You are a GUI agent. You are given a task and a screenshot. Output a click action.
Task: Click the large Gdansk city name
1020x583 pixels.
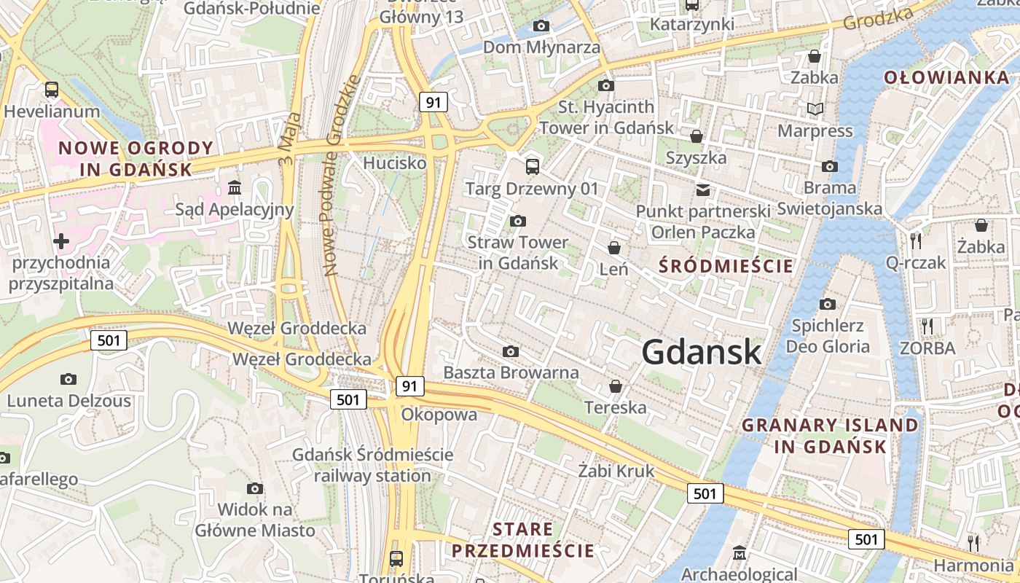(x=702, y=353)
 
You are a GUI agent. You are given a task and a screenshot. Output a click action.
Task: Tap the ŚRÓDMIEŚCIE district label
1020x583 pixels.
(x=726, y=266)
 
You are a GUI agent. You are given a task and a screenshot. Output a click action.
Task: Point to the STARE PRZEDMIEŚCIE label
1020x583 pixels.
(x=523, y=539)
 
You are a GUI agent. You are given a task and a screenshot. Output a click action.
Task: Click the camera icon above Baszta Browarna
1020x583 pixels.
(x=511, y=352)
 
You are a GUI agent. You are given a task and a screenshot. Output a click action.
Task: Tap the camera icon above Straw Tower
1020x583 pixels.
(x=518, y=221)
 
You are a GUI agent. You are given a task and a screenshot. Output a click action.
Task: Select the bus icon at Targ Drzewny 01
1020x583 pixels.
(x=533, y=167)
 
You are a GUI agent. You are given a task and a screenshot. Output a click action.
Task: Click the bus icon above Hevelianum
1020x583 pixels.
(x=52, y=90)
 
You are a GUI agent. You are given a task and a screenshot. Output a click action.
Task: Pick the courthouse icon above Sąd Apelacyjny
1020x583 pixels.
(x=235, y=189)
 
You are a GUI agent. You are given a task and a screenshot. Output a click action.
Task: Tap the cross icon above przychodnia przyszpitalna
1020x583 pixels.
(x=61, y=241)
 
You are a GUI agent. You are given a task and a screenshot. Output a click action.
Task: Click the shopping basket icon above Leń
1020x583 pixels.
(x=614, y=249)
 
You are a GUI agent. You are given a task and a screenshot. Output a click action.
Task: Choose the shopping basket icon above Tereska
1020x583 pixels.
(x=616, y=386)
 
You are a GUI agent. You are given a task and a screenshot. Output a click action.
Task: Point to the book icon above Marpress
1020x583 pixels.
(x=815, y=109)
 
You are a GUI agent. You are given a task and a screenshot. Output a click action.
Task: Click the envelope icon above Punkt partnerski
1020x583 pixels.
(x=702, y=190)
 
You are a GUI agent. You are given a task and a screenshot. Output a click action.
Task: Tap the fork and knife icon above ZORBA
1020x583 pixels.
(x=927, y=326)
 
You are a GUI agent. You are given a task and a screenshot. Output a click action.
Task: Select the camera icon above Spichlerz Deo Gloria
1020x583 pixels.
(x=827, y=304)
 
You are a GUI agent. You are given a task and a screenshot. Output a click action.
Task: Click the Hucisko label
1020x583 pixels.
(x=395, y=163)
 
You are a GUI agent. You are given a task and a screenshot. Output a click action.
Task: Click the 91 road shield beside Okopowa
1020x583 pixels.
(x=410, y=386)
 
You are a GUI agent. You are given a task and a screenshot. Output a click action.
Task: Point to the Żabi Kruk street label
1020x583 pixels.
(x=616, y=471)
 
